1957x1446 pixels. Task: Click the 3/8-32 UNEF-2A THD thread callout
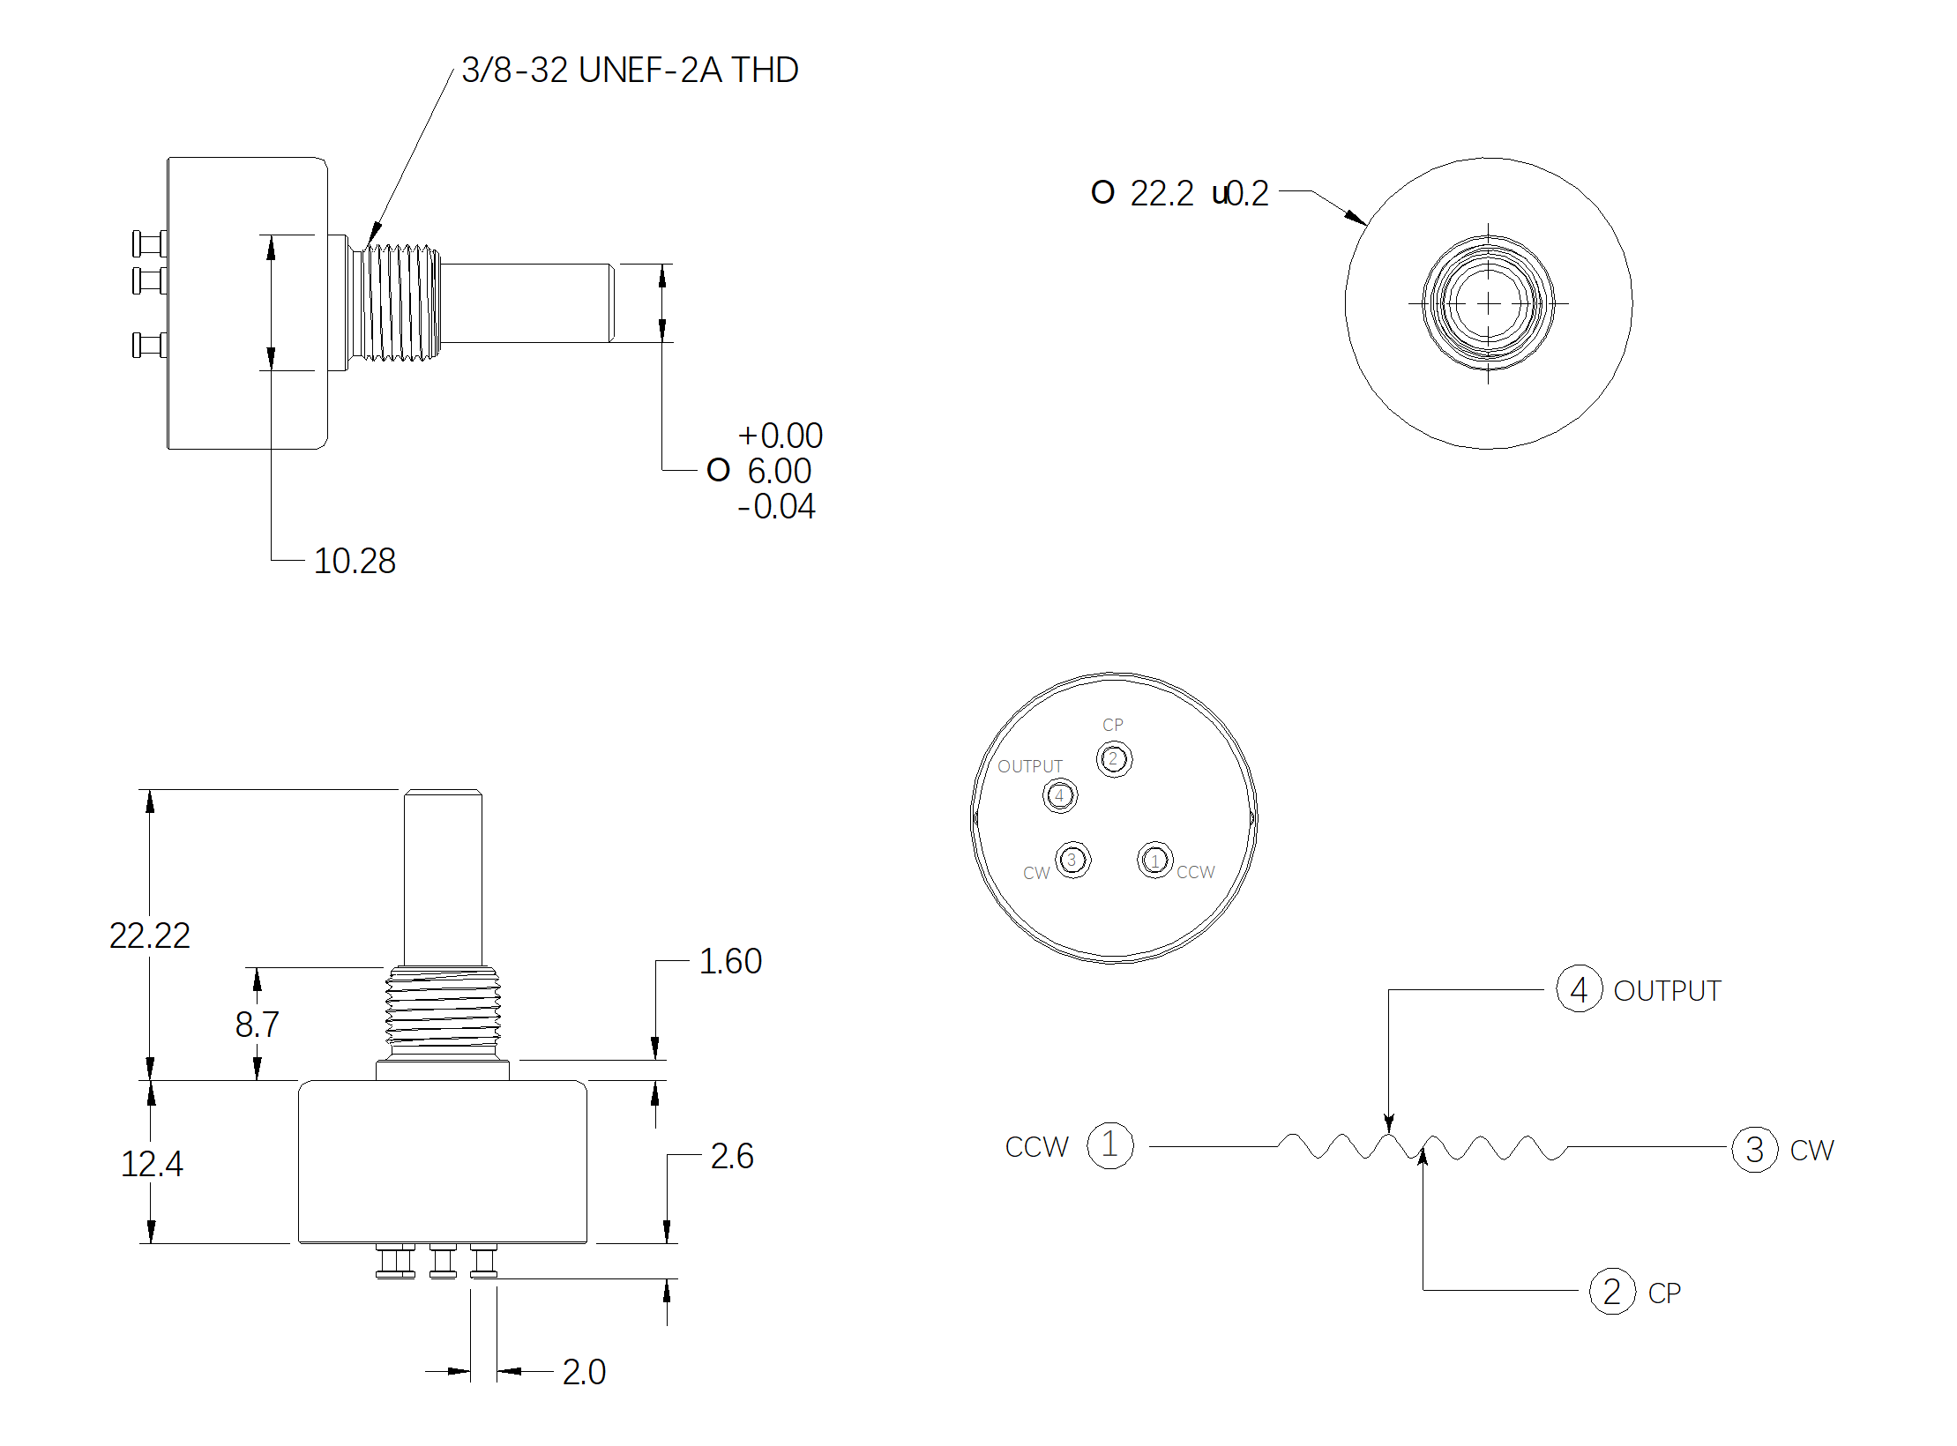(630, 71)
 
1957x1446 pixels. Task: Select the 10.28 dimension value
(355, 562)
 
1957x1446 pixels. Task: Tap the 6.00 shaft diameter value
(780, 471)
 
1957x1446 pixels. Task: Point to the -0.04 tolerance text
(776, 507)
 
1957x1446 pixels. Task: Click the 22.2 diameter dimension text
(1162, 193)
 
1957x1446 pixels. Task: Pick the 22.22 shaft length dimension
(150, 935)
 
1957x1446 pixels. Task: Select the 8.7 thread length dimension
(258, 1025)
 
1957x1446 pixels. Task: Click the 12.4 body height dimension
(152, 1165)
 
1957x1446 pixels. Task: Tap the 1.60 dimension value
(730, 961)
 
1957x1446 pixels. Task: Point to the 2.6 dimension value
(732, 1156)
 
